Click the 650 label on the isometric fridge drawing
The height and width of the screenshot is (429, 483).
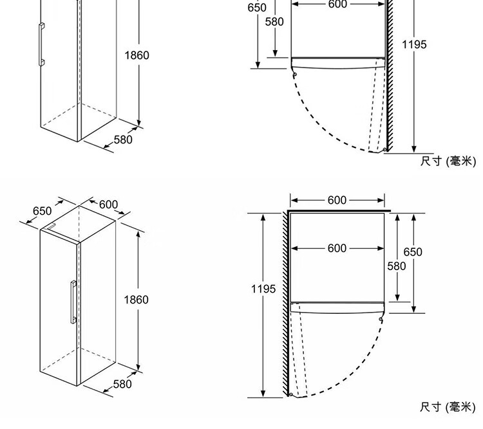[x=43, y=211]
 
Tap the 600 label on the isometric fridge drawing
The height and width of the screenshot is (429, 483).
[x=108, y=205]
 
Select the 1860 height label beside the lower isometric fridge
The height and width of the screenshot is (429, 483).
[x=136, y=300]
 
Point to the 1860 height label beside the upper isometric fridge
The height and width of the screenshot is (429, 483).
[x=137, y=55]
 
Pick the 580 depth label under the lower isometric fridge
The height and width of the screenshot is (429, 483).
[x=122, y=384]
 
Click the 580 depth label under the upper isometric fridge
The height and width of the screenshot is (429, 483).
[x=123, y=140]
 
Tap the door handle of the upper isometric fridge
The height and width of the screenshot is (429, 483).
[x=42, y=44]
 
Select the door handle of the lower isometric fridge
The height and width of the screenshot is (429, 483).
[x=73, y=302]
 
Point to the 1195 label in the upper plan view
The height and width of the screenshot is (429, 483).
[x=414, y=44]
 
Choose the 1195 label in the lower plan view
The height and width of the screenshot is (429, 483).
[x=263, y=289]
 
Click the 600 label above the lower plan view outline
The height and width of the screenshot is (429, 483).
[x=337, y=200]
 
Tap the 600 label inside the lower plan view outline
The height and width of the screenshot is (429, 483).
[x=337, y=248]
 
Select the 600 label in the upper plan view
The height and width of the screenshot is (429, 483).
[x=338, y=4]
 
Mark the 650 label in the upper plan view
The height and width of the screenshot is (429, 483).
[x=257, y=8]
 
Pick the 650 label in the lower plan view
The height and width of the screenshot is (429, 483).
[x=413, y=252]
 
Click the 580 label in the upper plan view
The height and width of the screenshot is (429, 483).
[x=274, y=22]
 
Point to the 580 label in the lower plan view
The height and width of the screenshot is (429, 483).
[x=397, y=266]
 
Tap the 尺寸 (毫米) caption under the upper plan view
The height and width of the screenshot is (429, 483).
[x=448, y=161]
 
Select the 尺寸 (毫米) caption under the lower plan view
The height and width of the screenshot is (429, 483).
[x=448, y=407]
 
